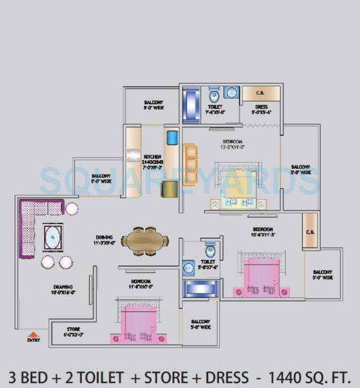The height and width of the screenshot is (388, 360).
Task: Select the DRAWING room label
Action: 63,288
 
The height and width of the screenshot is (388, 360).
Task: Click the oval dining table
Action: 145,240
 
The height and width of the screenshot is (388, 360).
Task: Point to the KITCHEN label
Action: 152,156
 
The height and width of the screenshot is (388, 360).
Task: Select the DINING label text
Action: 104,236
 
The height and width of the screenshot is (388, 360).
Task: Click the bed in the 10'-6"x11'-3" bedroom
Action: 262,275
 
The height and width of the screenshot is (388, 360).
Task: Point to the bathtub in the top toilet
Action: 191,99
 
